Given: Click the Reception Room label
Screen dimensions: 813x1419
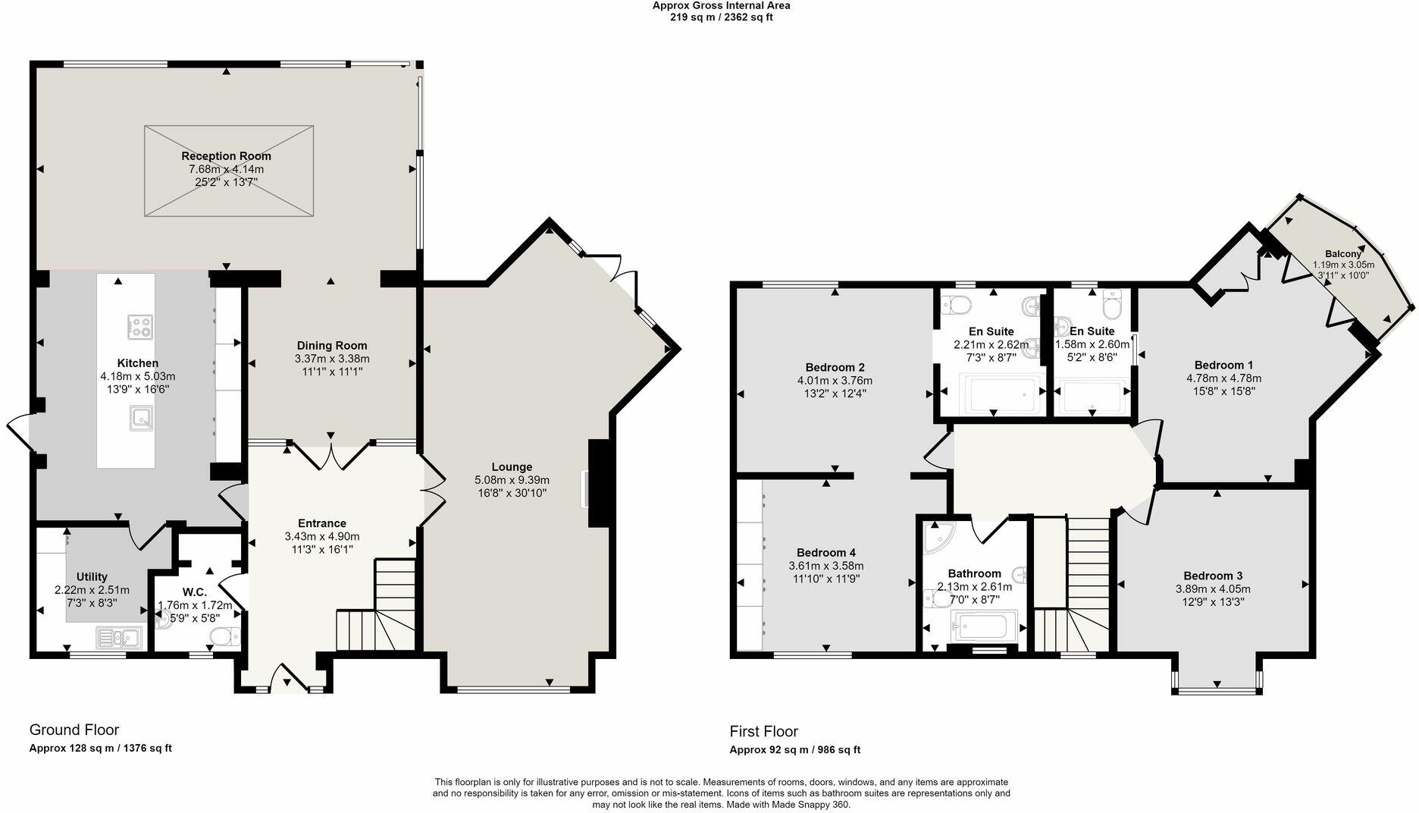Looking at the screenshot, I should (x=226, y=156).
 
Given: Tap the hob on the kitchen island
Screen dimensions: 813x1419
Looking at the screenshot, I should (x=139, y=327).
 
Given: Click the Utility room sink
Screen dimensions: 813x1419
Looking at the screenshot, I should (x=120, y=637).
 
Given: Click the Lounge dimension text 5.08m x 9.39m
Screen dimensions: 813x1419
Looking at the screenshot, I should (x=512, y=480).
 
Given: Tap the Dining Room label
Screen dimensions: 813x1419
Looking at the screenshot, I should (x=332, y=346).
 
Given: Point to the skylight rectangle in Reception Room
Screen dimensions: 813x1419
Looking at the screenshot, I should (x=228, y=171).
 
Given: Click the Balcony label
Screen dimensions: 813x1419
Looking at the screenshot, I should (x=1342, y=254).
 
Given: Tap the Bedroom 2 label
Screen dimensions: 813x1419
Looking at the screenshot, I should (x=835, y=367).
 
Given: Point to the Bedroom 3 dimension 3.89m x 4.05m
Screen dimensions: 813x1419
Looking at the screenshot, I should (x=1213, y=589).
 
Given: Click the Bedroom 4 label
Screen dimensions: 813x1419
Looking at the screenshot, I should (x=825, y=553).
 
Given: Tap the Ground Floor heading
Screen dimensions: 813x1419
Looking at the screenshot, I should (x=74, y=730).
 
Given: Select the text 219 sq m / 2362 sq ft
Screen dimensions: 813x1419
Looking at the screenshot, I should (x=721, y=17).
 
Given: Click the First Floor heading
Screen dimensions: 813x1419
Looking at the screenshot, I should (x=763, y=731).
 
